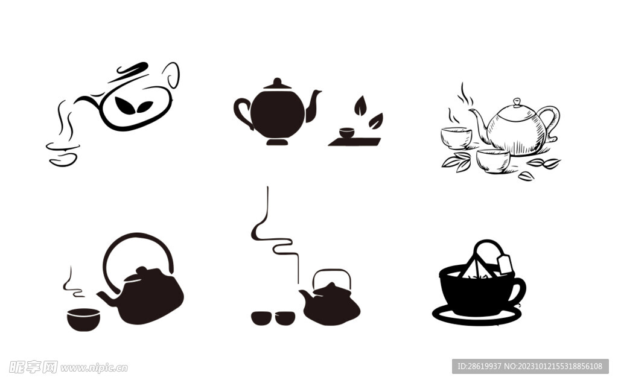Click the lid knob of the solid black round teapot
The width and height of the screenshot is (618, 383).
coord(277,82)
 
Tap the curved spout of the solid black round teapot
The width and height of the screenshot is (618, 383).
coord(313,106)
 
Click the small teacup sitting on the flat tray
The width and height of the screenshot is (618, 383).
coord(347,133)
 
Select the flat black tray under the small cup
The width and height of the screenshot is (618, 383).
coord(355,142)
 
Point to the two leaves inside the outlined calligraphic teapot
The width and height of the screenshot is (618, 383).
coord(133,106)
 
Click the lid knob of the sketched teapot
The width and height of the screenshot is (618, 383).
coord(517,103)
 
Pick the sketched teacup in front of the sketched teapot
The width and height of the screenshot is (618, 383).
coord(493,161)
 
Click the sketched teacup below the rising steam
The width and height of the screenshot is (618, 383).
coord(456,138)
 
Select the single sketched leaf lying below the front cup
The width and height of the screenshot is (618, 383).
coord(526,176)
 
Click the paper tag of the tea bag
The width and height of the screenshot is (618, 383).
coord(505,264)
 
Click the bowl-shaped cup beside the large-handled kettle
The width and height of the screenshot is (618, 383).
coord(83,319)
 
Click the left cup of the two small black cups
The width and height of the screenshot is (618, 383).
coord(261,318)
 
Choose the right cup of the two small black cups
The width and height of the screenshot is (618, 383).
coord(285,318)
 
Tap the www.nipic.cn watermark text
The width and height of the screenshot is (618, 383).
coord(95,368)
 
